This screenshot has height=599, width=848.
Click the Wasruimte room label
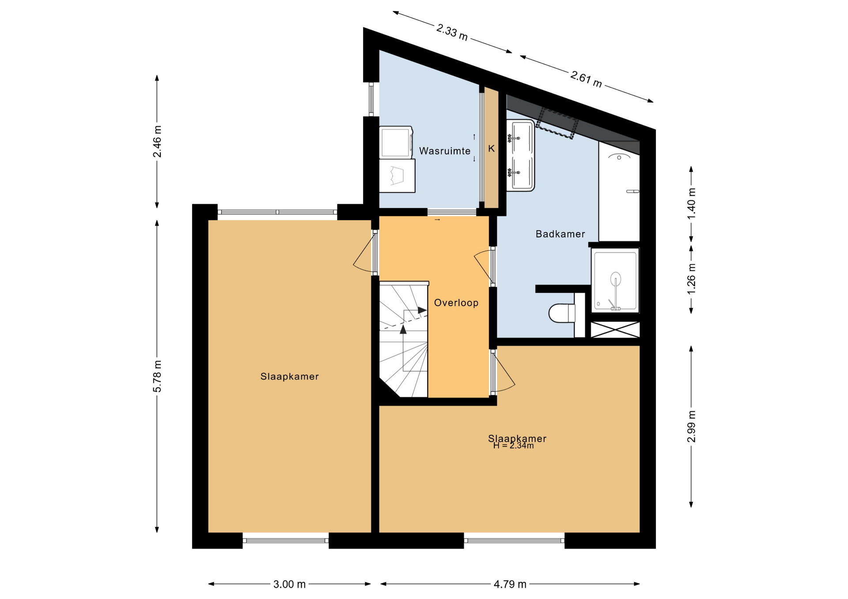pyautogui.click(x=445, y=151)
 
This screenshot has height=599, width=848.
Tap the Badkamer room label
pyautogui.click(x=560, y=234)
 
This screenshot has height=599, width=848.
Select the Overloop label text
pyautogui.click(x=456, y=303)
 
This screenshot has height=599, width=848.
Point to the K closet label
pyautogui.click(x=492, y=149)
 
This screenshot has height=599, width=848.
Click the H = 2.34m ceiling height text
pyautogui.click(x=514, y=446)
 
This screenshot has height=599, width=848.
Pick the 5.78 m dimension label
pyautogui.click(x=157, y=376)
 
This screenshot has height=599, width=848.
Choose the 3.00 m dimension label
pyautogui.click(x=290, y=584)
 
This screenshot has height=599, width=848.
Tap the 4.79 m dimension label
pyautogui.click(x=510, y=584)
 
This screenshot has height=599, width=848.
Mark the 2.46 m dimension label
pyautogui.click(x=157, y=142)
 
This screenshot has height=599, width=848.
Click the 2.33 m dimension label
pyautogui.click(x=452, y=33)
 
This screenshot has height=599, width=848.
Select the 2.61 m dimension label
pyautogui.click(x=586, y=79)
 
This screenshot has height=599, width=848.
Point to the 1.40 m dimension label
pyautogui.click(x=692, y=204)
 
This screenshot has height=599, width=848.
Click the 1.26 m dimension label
pyautogui.click(x=692, y=279)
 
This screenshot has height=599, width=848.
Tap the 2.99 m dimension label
pyautogui.click(x=692, y=427)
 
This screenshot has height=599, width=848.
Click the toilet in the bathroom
pyautogui.click(x=562, y=313)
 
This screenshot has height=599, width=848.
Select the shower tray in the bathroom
pyautogui.click(x=615, y=279)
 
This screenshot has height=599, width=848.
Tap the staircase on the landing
pyautogui.click(x=404, y=339)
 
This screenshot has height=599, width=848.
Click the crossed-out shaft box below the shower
pyautogui.click(x=615, y=330)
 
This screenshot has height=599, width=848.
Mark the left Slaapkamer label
pyautogui.click(x=290, y=377)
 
